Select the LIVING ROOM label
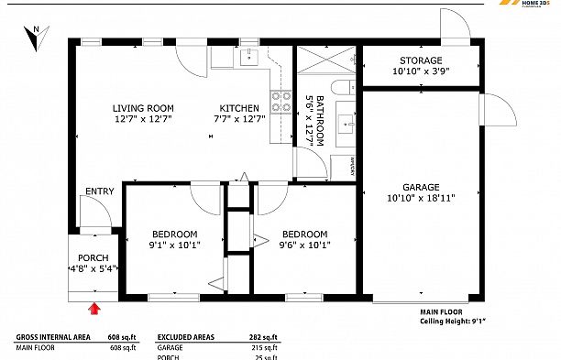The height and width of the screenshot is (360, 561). pos(143,108)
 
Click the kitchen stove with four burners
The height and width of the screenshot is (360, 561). pos(280,102)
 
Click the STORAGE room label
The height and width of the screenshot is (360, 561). pos(422,60)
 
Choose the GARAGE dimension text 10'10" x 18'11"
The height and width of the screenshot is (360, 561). pos(422,196)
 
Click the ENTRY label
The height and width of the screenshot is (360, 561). pos(99,191)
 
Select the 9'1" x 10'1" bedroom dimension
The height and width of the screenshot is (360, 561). pos(174,245)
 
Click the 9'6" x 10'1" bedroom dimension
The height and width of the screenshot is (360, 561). pos(304,245)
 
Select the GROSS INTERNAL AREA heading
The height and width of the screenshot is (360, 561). pos(53,336)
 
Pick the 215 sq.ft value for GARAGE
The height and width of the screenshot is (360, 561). pos(264,347)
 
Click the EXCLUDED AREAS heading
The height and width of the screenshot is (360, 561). pos(186,336)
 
